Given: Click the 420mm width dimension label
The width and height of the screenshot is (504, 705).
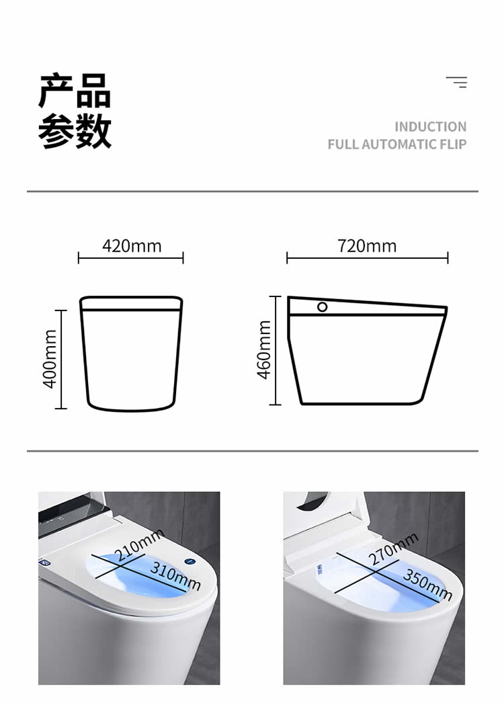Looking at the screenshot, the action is (132, 246).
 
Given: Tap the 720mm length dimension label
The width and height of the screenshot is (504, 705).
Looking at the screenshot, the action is (367, 246).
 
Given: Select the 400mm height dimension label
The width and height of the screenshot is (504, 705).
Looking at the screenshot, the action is (50, 360).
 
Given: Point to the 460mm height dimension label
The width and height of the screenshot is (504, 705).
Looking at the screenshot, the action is (264, 349).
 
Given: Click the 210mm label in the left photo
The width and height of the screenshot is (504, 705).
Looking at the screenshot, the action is (138, 546).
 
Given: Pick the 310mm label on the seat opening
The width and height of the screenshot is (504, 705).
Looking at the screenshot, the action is (175, 575).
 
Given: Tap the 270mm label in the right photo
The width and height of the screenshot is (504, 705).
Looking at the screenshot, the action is (393, 549).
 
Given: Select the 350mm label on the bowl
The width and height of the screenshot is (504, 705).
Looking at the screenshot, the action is (427, 585).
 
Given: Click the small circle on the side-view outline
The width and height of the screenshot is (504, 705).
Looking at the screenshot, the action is (323, 306).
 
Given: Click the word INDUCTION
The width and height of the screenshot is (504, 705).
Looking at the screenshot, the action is (430, 127).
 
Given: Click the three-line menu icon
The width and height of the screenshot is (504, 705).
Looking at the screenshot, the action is (456, 82).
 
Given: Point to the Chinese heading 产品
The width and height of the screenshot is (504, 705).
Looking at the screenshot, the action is (75, 90).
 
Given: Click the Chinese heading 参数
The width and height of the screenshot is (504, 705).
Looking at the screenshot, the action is (75, 131).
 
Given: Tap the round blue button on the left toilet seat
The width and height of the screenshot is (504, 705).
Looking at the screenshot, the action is (190, 562).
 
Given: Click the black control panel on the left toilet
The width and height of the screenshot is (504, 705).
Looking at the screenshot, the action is (72, 513).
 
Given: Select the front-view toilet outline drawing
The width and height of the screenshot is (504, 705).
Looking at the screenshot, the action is (131, 354).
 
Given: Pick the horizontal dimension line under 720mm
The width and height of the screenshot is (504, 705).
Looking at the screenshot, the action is (368, 258).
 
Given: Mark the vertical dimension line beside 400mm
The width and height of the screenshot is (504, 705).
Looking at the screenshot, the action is (60, 360).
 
